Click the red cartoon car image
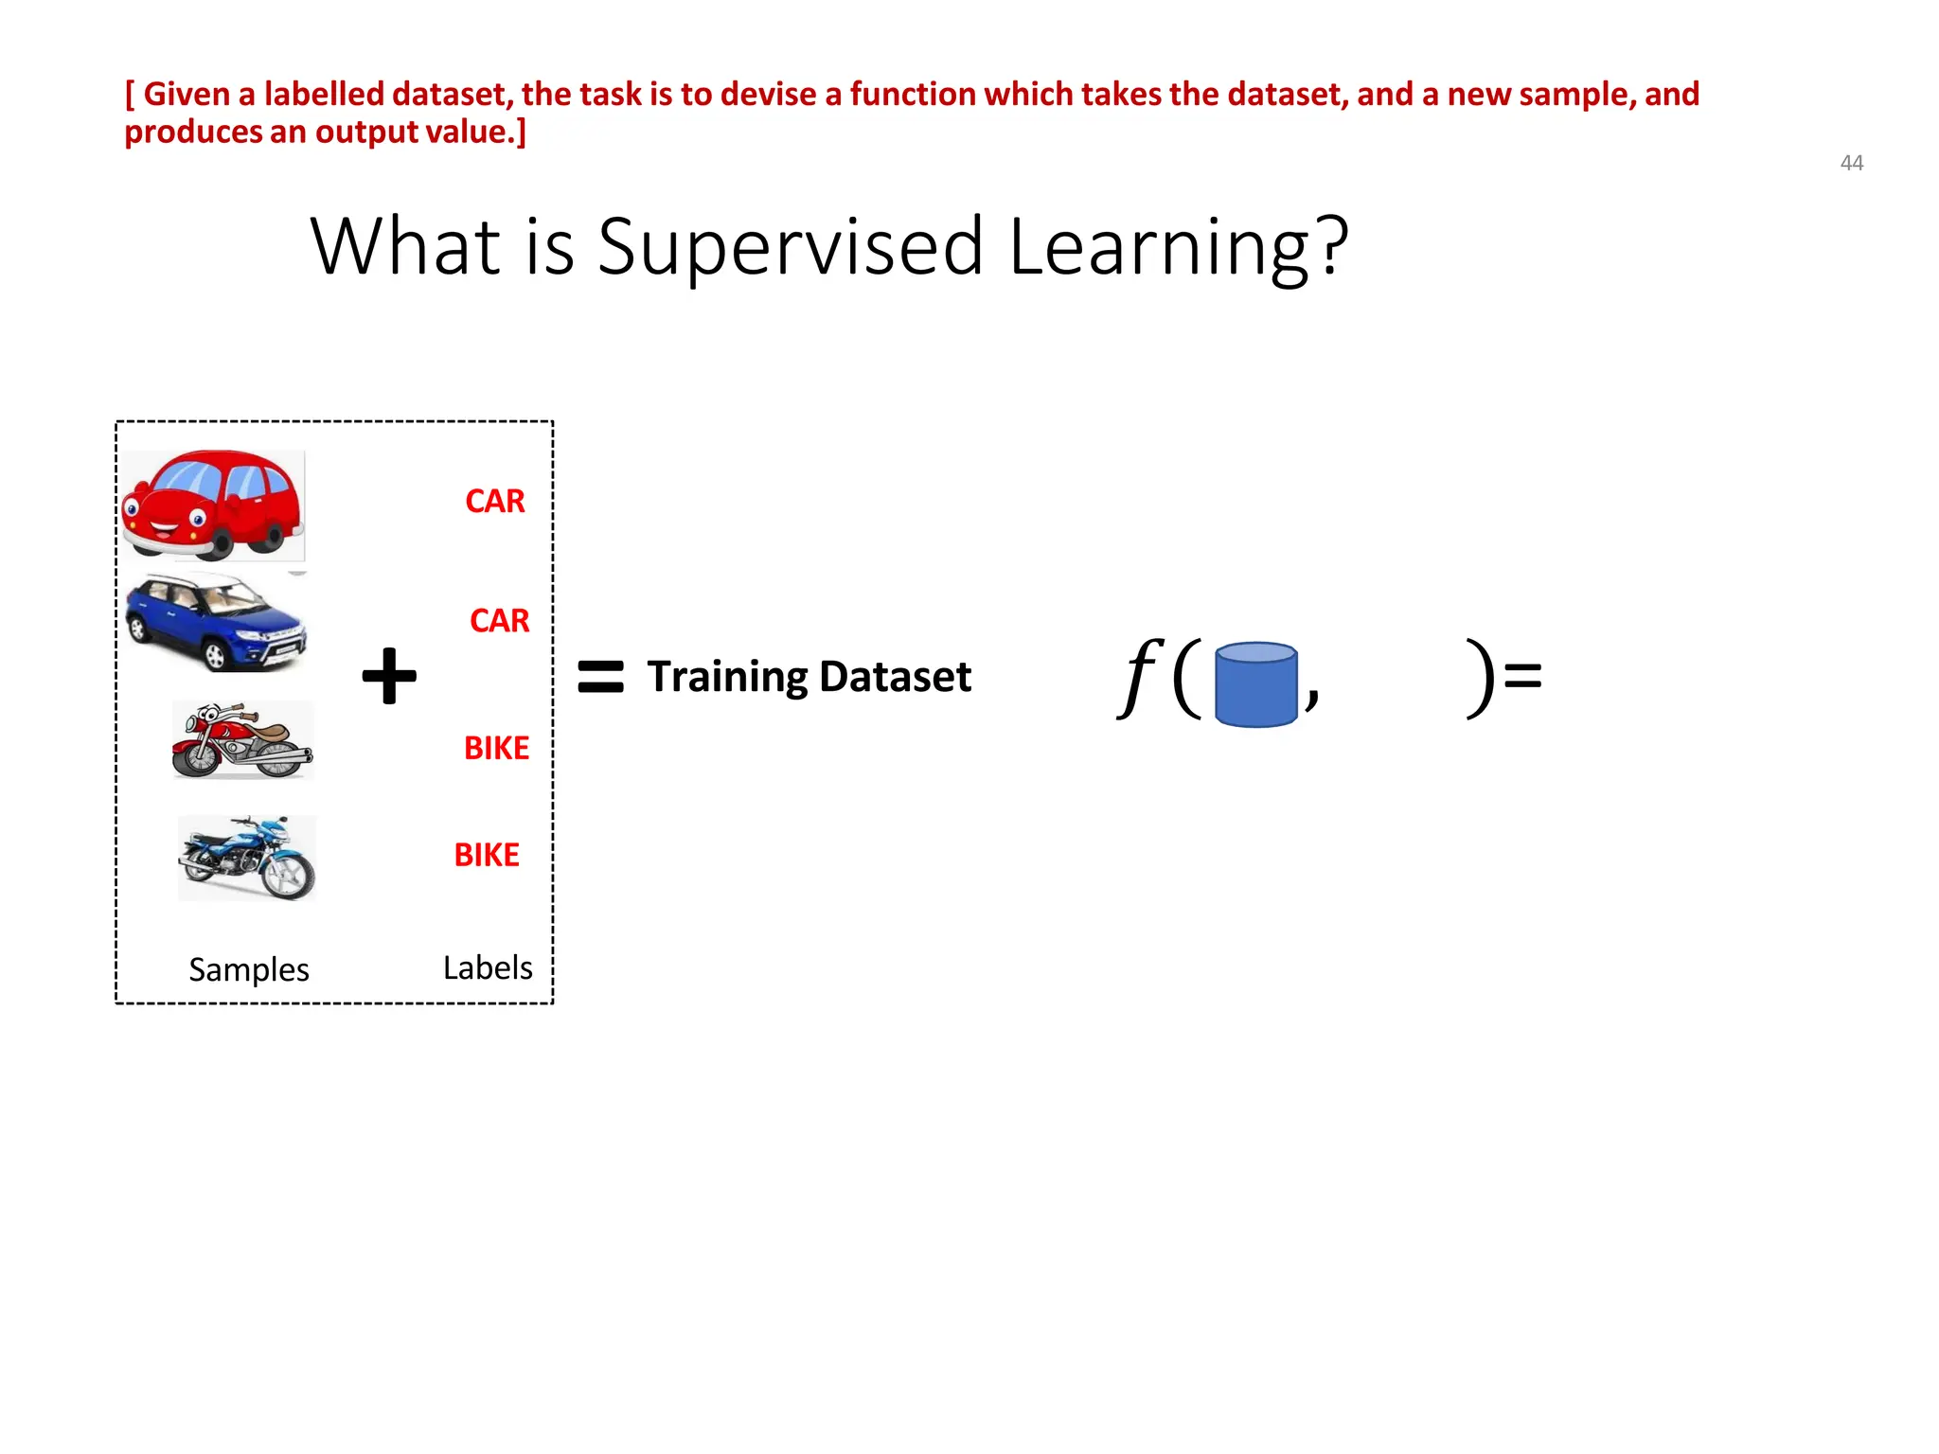pos(213,505)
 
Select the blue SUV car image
pos(216,622)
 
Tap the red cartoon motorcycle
pos(242,740)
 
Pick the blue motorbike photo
pos(247,858)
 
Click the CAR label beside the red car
pos(494,501)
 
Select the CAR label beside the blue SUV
pos(499,620)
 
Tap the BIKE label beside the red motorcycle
pos(496,748)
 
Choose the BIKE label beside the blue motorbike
pos(487,855)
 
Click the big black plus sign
pos(389,676)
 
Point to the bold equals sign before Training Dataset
pos(600,677)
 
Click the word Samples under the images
pos(249,969)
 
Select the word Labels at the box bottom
pos(488,967)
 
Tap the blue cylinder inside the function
pos(1255,683)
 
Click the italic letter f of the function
pos(1139,676)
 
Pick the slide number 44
pos(1851,163)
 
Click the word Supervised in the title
pos(791,246)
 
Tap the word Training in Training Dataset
pos(727,677)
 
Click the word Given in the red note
pos(187,95)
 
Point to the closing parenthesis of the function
pos(1480,678)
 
